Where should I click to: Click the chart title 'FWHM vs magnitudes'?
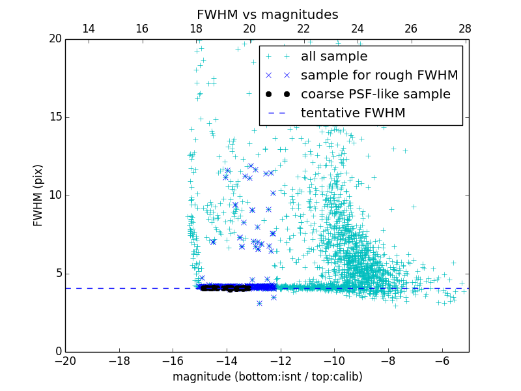267,14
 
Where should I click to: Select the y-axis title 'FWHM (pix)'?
38,195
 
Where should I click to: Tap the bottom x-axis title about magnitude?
267,377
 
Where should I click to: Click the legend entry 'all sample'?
334,57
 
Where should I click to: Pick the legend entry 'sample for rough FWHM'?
379,76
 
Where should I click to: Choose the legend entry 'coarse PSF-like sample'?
375,94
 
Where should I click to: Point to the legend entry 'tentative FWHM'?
353,113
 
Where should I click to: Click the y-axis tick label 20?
55,39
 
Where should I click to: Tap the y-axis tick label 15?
55,117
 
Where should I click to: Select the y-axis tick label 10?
55,195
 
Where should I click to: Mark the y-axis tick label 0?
57,352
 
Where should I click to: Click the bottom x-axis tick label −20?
65,361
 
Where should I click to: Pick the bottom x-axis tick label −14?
227,361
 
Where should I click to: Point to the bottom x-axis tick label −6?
442,361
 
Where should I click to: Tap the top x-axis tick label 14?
88,29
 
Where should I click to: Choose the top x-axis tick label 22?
303,29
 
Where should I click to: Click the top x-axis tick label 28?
465,29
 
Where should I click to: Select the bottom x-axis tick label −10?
334,361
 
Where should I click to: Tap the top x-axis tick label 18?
196,29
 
